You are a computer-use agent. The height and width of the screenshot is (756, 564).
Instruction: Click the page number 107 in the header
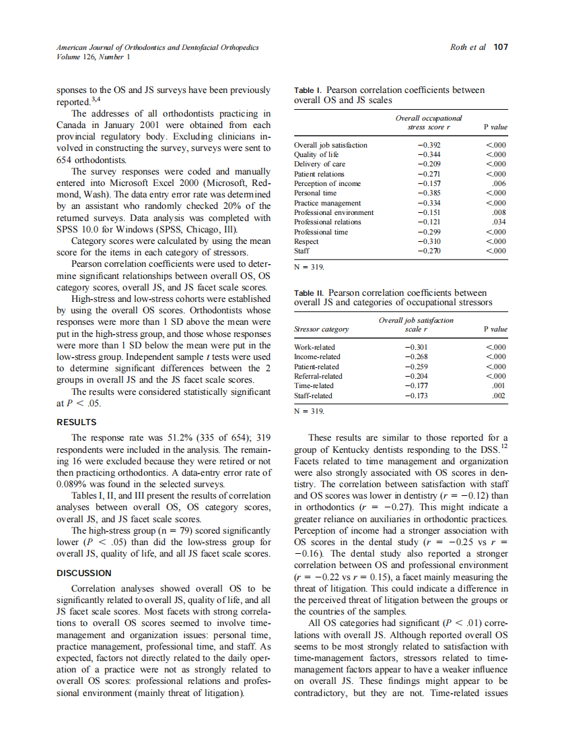coord(501,47)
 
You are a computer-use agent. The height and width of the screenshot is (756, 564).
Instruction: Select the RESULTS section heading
coord(76,422)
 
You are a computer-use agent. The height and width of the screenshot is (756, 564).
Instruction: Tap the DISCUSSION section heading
coord(84,573)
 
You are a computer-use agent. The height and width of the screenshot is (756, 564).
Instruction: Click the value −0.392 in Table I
coord(428,145)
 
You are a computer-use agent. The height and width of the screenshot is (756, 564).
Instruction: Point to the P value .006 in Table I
coord(499,183)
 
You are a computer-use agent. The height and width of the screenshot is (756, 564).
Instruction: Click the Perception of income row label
coord(328,183)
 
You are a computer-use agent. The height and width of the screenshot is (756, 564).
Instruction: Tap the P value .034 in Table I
coord(499,222)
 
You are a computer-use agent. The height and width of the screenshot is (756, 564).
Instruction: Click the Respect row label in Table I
coord(307,241)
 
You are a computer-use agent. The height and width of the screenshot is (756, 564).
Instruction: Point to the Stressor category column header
coord(322,329)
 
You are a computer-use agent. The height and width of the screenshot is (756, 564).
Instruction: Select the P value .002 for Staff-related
coord(499,396)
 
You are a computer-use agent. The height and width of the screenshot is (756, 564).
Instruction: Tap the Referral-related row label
coord(318,376)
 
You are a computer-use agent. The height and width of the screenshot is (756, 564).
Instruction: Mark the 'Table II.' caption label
coord(310,293)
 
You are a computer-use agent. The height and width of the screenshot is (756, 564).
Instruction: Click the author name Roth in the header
coord(460,47)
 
